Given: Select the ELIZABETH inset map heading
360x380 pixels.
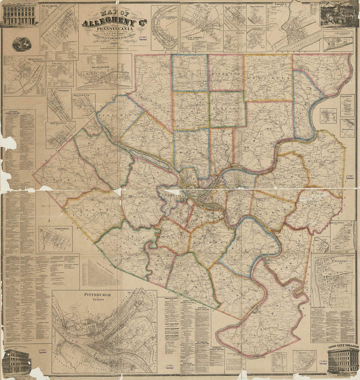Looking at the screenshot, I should [x=50, y=6].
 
